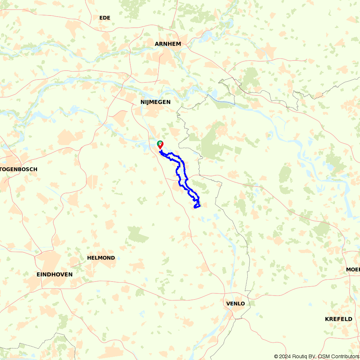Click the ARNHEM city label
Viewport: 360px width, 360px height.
pyautogui.click(x=168, y=44)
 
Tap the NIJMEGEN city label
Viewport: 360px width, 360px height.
pyautogui.click(x=155, y=102)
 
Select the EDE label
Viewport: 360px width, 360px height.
pyautogui.click(x=105, y=18)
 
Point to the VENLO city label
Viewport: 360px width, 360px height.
pyautogui.click(x=235, y=303)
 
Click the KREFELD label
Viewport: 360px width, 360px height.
pyautogui.click(x=338, y=319)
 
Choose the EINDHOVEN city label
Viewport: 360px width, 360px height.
pyautogui.click(x=54, y=274)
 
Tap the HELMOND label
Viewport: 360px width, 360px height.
pyautogui.click(x=101, y=258)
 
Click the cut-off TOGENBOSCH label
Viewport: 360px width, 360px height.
pyautogui.click(x=18, y=169)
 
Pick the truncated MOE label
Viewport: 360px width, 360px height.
pyautogui.click(x=353, y=270)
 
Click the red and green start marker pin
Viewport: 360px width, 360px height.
pyautogui.click(x=160, y=145)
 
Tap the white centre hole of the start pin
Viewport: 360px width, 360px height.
pyautogui.click(x=160, y=143)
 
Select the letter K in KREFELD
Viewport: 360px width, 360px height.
pyautogui.click(x=327, y=319)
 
